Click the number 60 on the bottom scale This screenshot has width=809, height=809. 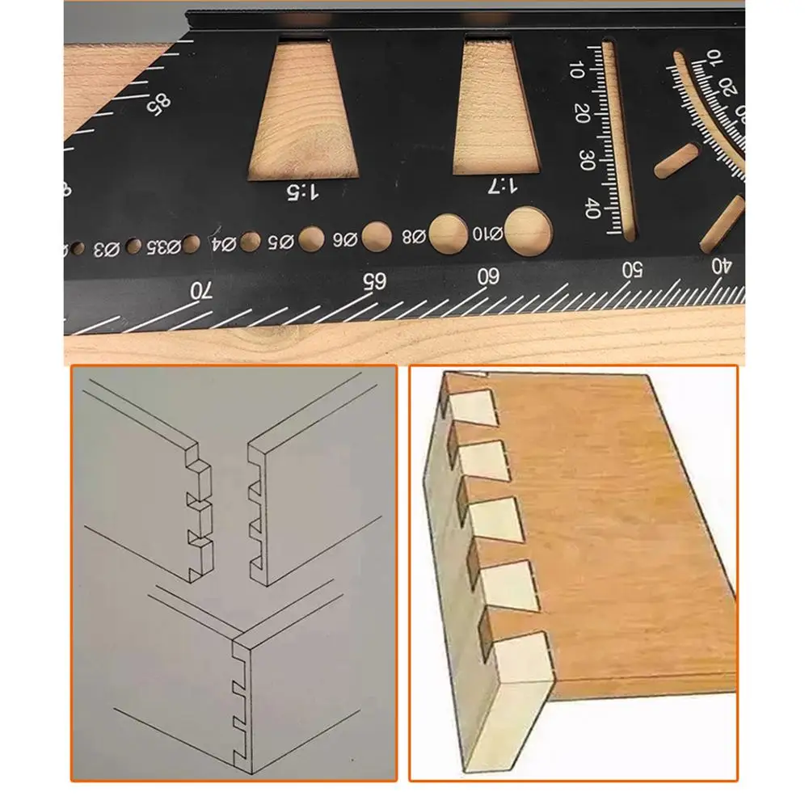[x=488, y=276]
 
